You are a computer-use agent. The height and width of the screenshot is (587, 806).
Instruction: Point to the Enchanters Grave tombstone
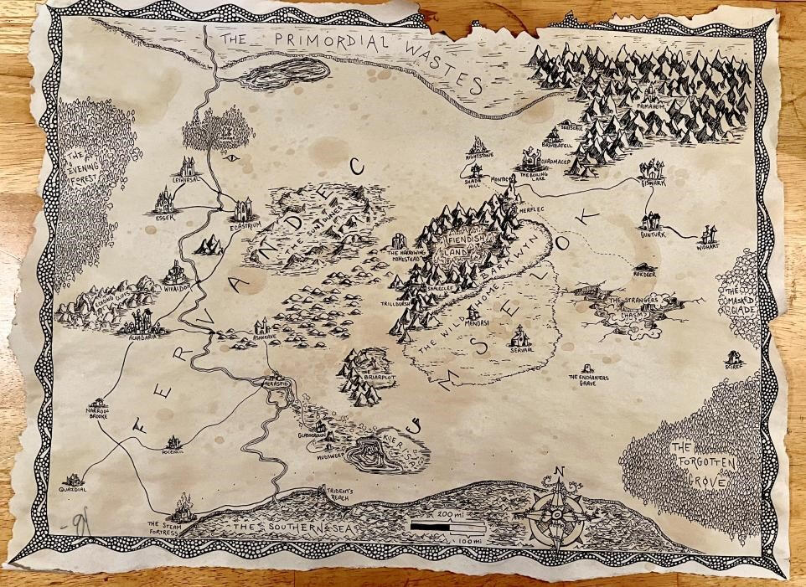coord(587,368)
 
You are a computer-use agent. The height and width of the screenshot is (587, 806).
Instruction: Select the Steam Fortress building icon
coord(182,507)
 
